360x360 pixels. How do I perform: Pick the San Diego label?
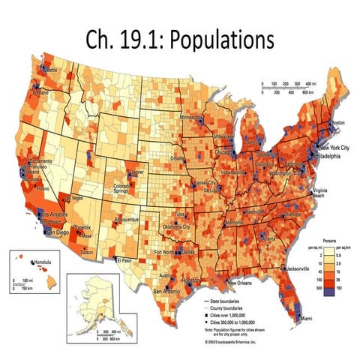[61, 232]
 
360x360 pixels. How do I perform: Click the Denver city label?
[136, 172]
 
